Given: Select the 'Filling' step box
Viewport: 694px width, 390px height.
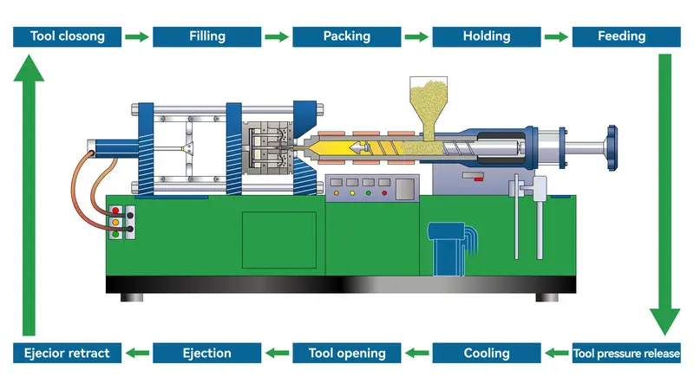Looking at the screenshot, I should [x=206, y=36].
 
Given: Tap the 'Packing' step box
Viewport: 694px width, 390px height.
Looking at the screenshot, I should [x=346, y=36].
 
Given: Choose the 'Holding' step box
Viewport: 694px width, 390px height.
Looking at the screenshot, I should [x=486, y=36].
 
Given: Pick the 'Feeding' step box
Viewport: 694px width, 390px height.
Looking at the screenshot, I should [x=621, y=36].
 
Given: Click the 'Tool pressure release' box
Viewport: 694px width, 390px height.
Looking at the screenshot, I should [x=626, y=354].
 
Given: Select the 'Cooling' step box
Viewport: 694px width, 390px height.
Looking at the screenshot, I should [x=486, y=354].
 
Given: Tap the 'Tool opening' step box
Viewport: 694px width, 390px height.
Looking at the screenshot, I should [x=346, y=354].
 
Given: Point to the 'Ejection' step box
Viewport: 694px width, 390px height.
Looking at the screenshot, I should [x=206, y=354].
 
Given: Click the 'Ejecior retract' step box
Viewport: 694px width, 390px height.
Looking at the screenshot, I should [x=67, y=354].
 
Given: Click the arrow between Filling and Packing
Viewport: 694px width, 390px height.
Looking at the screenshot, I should [x=277, y=36].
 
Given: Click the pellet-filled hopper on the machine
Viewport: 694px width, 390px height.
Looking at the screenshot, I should [x=428, y=104].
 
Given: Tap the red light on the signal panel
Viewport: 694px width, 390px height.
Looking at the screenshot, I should [x=115, y=211].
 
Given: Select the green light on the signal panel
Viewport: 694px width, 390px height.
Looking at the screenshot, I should [x=115, y=233].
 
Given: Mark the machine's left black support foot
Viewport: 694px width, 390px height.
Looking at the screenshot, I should [x=133, y=297].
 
